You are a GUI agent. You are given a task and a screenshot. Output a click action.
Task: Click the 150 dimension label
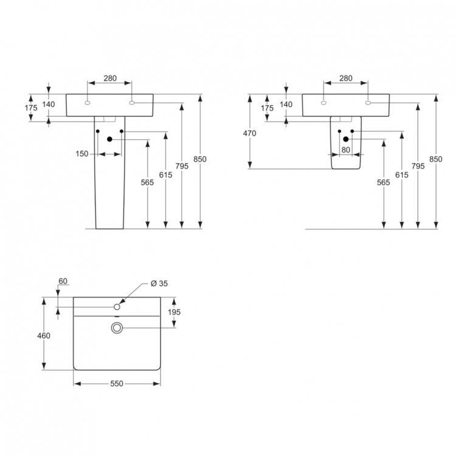(81, 154)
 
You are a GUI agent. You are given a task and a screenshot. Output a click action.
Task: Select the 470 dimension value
(250, 133)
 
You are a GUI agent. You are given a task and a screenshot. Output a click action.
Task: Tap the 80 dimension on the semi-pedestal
(345, 149)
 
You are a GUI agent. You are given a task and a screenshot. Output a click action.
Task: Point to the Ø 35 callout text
(159, 283)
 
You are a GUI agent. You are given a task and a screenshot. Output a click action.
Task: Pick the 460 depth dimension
(44, 335)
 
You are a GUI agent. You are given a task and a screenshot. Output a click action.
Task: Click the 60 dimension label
(63, 281)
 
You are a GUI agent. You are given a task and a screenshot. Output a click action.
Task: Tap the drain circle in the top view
(117, 328)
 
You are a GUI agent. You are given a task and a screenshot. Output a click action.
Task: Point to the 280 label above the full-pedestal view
(110, 78)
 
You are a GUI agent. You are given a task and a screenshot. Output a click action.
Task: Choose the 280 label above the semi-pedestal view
(345, 78)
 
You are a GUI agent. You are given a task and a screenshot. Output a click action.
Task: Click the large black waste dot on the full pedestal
(110, 139)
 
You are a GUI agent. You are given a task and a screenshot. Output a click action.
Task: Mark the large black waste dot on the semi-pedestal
(345, 139)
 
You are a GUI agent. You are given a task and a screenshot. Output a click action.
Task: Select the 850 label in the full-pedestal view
(200, 159)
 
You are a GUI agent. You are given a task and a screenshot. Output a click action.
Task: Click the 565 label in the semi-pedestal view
(383, 182)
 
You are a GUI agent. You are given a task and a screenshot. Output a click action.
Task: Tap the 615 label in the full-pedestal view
(165, 174)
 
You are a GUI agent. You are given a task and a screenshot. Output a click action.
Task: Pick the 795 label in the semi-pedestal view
(418, 165)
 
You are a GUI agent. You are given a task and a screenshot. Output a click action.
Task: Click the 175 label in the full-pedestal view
(31, 108)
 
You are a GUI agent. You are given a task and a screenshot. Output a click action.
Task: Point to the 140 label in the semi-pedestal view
(285, 105)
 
